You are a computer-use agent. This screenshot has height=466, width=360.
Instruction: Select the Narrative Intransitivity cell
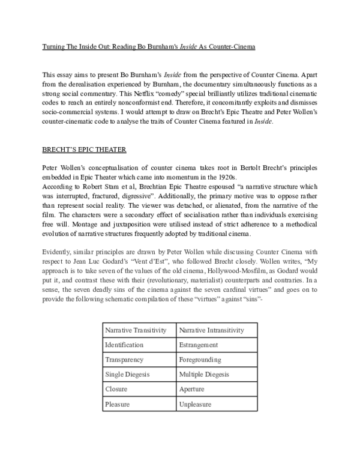pyautogui.click(x=211, y=330)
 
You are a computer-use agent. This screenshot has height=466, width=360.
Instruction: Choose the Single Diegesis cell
pyautogui.click(x=128, y=375)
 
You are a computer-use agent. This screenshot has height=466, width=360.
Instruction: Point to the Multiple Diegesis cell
pyautogui.click(x=203, y=375)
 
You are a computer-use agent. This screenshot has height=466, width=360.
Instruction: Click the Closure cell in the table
pyautogui.click(x=116, y=390)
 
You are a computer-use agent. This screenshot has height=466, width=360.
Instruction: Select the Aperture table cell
pyautogui.click(x=191, y=390)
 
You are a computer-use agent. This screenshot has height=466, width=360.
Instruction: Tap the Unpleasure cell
pyautogui.click(x=195, y=405)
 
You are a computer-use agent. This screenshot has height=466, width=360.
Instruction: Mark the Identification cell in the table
pyautogui.click(x=124, y=345)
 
